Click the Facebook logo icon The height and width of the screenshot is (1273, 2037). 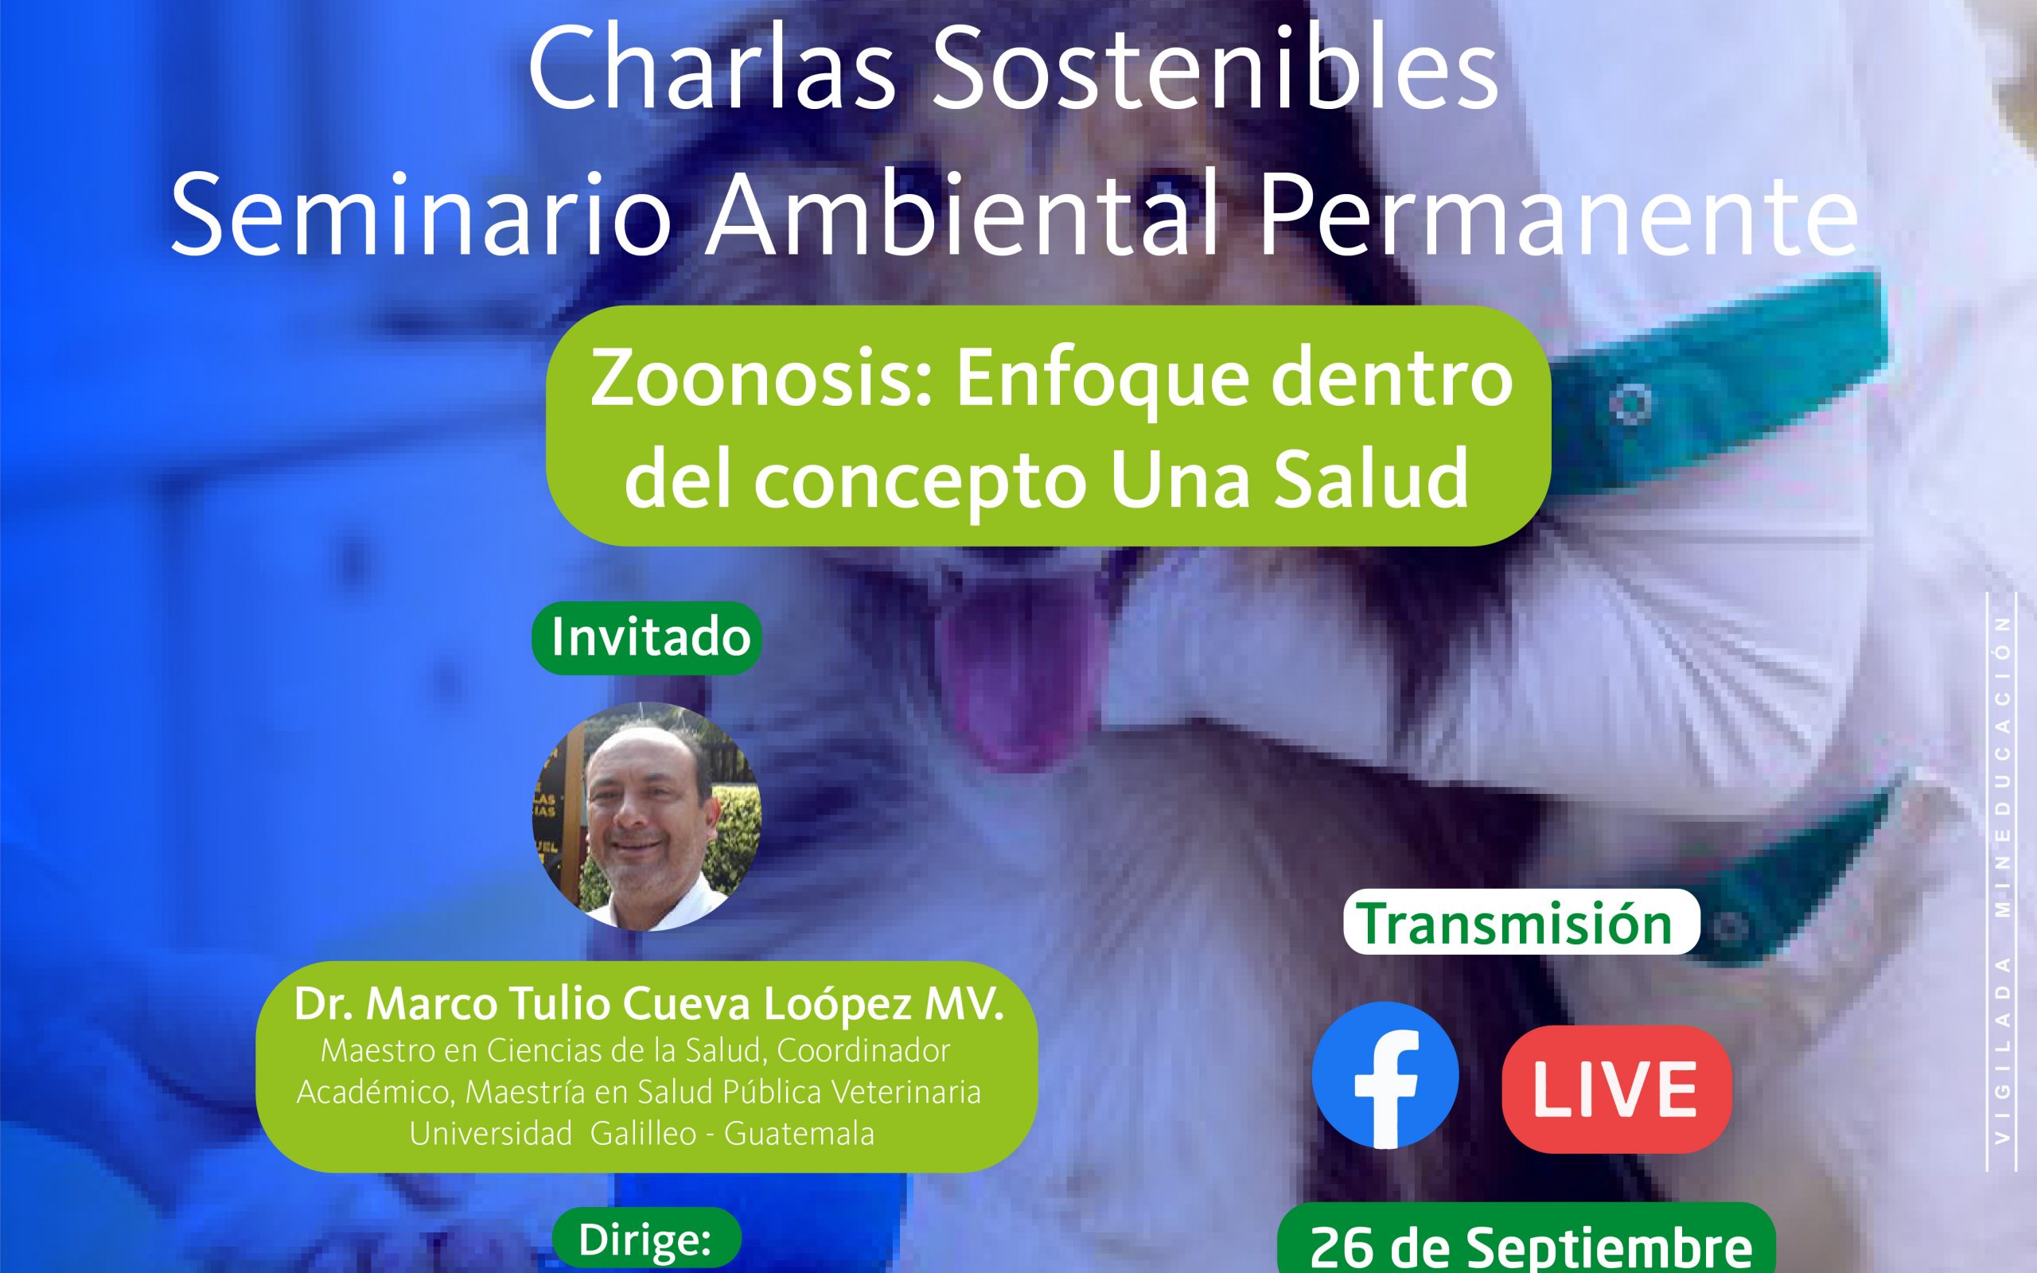point(1385,1075)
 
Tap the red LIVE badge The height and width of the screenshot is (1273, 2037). point(1617,1089)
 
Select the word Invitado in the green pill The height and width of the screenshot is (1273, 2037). point(651,638)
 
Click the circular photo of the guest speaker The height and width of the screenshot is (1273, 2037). point(646,816)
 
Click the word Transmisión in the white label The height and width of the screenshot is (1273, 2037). point(1517,924)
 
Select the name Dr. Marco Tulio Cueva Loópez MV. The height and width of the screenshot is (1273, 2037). point(649,1005)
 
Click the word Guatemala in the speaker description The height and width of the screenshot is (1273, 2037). point(799,1134)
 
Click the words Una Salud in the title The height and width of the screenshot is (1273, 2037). point(1289,481)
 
